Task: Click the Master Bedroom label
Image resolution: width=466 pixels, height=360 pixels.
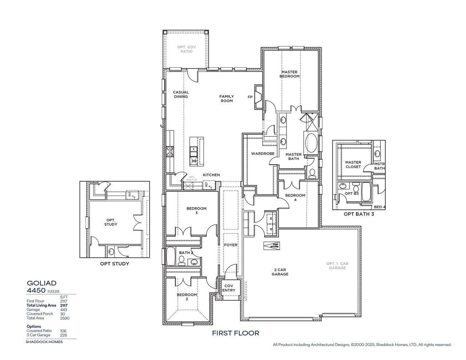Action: click(289, 74)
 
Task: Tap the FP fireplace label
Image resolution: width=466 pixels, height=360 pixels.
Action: click(250, 97)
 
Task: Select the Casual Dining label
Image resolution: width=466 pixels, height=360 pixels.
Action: click(181, 94)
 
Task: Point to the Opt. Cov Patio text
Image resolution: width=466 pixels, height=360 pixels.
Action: click(185, 49)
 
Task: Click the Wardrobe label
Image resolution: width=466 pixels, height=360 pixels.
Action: click(262, 154)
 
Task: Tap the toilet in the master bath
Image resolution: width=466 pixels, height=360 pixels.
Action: click(312, 174)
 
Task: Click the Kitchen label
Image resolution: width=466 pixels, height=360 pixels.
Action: click(211, 175)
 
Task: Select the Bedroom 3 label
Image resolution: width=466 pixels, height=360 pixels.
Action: click(196, 211)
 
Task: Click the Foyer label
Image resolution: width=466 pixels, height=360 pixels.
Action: click(230, 245)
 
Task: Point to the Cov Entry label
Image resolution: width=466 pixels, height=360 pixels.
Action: click(229, 288)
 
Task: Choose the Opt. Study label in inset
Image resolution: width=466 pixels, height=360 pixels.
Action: click(111, 222)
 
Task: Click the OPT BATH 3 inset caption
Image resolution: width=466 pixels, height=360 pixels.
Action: click(359, 214)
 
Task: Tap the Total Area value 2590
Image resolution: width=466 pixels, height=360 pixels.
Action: click(65, 318)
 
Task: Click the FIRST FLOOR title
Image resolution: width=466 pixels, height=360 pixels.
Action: click(236, 333)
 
